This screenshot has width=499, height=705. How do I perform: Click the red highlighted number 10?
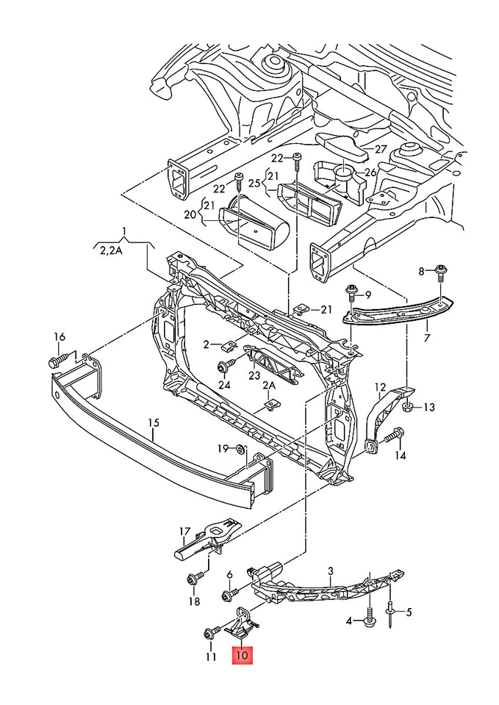[x=243, y=655]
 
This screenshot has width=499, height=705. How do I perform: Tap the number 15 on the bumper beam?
[x=153, y=423]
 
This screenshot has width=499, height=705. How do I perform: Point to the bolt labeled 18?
[x=194, y=580]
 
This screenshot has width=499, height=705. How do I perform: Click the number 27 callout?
[x=379, y=149]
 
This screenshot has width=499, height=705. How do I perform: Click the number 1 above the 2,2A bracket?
[x=124, y=234]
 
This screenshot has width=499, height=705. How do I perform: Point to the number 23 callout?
[x=254, y=375]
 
